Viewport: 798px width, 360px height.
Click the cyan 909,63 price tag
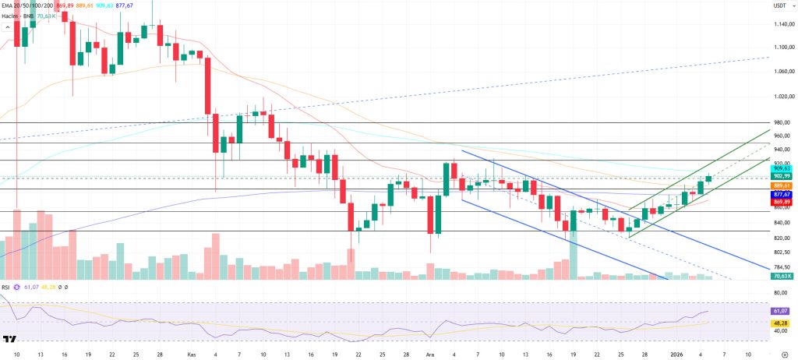782,168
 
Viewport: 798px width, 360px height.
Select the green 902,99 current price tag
782,177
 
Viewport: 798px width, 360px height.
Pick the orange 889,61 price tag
782,185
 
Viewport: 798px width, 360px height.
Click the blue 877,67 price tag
782,194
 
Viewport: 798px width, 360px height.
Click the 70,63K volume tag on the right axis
782,276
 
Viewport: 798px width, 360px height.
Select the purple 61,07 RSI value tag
782,311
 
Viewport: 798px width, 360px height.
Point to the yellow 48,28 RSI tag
782,322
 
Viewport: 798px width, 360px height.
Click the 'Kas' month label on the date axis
192,353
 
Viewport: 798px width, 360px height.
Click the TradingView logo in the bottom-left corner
10,340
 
